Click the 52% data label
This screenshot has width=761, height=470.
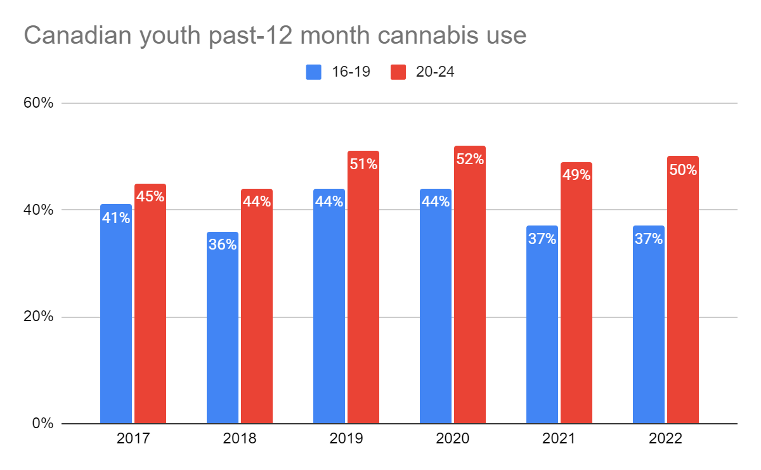[470, 159]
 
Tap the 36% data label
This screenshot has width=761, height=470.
[223, 245]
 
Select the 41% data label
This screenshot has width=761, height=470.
[116, 218]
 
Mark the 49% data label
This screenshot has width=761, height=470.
[576, 175]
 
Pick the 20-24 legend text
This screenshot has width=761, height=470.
[435, 72]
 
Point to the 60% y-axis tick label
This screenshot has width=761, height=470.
[39, 103]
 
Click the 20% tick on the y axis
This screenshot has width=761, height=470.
[39, 317]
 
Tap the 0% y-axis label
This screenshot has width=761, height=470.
[42, 423]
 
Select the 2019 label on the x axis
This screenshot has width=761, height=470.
[346, 439]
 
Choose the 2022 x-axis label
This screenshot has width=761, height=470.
[666, 439]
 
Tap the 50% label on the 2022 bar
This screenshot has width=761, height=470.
[683, 170]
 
